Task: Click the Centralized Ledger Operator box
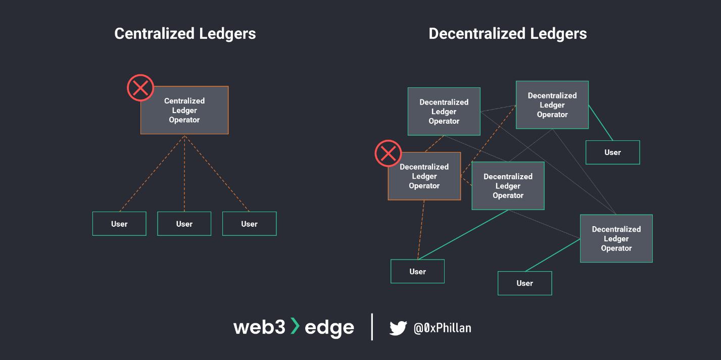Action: (184, 111)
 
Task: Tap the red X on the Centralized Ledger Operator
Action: (140, 88)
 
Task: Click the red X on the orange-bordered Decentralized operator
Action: (388, 153)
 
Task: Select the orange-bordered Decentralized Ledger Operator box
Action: (424, 177)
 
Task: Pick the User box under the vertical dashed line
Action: (184, 224)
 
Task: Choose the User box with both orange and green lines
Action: (417, 272)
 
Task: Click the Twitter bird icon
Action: (398, 328)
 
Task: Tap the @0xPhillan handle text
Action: (442, 328)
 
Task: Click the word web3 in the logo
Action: (260, 328)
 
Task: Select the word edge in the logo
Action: (329, 328)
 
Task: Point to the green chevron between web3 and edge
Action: (295, 327)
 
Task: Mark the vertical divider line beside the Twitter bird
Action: (372, 327)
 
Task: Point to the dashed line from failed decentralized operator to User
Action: (421, 230)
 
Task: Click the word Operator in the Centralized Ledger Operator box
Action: (184, 120)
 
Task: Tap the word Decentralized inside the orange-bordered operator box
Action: (424, 167)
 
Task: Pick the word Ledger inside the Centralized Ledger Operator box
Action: (184, 111)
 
